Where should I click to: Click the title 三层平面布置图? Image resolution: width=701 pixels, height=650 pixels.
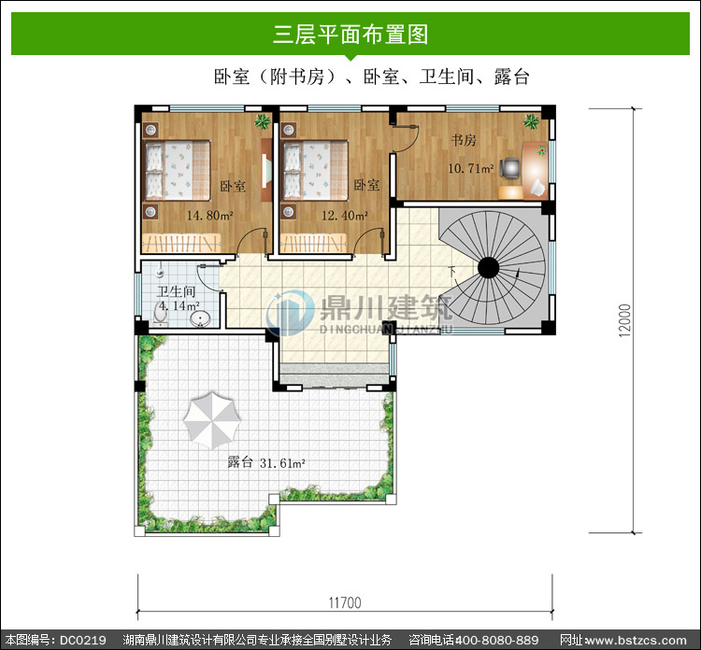(x=350, y=35)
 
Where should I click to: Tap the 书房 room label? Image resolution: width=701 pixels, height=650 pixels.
(x=464, y=140)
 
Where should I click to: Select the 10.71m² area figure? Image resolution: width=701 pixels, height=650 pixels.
(x=471, y=168)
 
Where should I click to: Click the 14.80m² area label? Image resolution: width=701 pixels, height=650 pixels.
(x=209, y=216)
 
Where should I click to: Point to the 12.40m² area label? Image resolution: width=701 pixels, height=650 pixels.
(x=345, y=216)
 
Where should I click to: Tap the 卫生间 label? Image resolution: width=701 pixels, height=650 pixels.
(x=176, y=291)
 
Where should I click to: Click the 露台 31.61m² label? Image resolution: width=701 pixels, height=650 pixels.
(x=266, y=462)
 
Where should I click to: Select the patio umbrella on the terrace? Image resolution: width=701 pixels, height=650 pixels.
(x=212, y=420)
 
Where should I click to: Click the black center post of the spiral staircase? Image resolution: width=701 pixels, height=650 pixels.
(x=488, y=268)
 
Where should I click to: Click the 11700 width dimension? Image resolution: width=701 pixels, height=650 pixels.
(x=345, y=602)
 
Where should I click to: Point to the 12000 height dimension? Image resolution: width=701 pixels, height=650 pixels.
(x=625, y=319)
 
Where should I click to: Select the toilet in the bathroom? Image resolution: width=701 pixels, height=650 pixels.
(x=160, y=313)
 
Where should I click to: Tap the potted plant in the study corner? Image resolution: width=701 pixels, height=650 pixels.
(x=532, y=120)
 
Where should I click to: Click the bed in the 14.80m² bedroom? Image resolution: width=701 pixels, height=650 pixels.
(x=177, y=170)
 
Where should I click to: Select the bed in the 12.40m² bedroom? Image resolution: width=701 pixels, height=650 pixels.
(x=315, y=170)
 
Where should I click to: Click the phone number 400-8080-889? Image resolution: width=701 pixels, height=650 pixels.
(x=496, y=640)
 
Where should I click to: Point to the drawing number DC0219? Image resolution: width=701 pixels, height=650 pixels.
(x=82, y=640)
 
